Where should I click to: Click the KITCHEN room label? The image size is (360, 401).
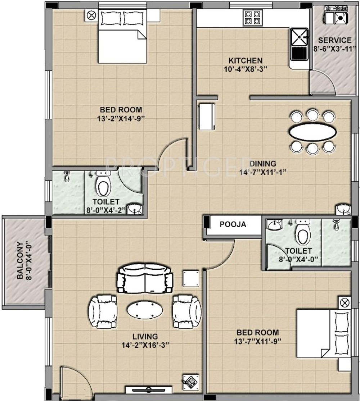click(x=245, y=61)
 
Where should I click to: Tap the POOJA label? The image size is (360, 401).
click(x=233, y=224)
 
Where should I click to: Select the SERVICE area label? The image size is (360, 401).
click(x=335, y=40)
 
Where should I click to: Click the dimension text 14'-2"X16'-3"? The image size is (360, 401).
click(x=145, y=345)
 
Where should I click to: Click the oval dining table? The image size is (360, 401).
click(x=312, y=132)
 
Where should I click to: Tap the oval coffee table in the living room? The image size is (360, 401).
click(x=145, y=310)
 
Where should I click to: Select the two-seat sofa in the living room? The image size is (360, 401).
click(x=145, y=278)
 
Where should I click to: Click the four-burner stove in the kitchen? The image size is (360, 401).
click(x=253, y=18)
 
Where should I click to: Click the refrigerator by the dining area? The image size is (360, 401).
click(x=206, y=117)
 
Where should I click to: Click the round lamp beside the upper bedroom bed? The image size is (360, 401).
click(x=91, y=16)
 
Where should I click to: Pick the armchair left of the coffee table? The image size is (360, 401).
click(x=102, y=312)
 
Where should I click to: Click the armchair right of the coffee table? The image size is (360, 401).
click(x=187, y=312)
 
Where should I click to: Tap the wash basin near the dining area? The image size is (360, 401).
click(x=343, y=209)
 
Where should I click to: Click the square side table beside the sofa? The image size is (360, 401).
click(x=191, y=278)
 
